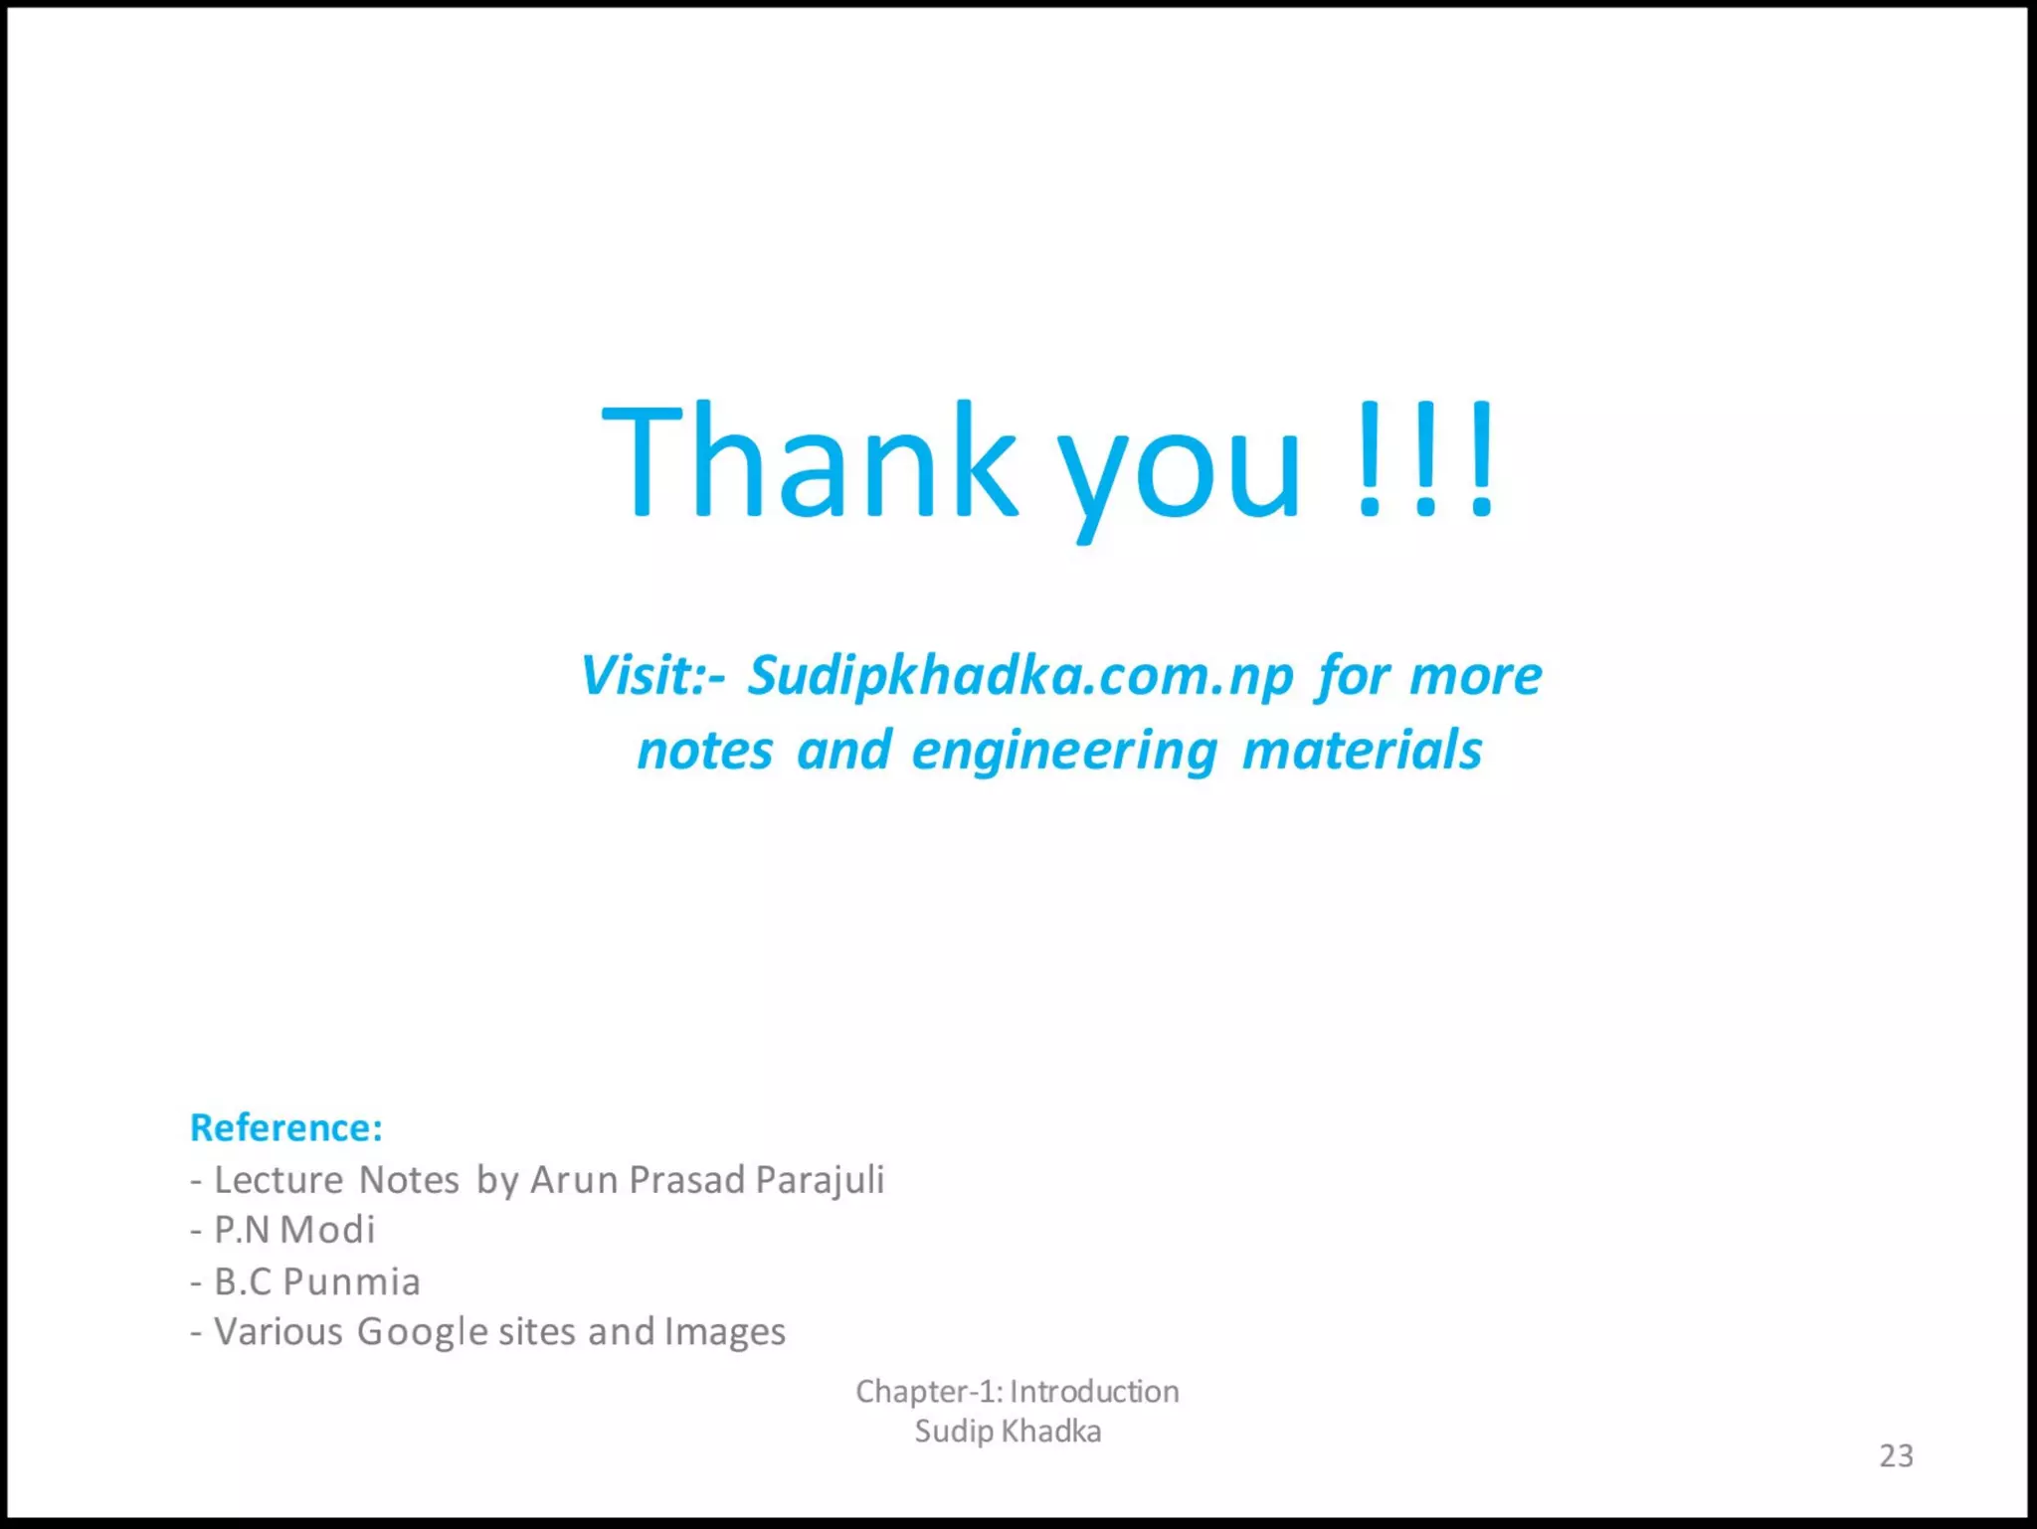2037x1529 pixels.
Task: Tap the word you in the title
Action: pos(1179,472)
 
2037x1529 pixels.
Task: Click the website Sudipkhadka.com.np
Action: pos(1020,677)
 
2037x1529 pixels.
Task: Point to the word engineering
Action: pos(1064,752)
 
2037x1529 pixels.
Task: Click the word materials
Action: pos(1362,750)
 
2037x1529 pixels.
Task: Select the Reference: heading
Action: pos(286,1128)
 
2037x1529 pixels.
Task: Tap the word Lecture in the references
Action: pos(278,1180)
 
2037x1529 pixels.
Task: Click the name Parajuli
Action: pos(820,1181)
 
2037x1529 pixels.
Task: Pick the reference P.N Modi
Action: pos(294,1231)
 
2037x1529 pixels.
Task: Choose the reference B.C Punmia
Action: pos(317,1282)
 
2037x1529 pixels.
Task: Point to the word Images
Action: pos(725,1333)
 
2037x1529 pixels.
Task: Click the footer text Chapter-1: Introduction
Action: pos(1017,1392)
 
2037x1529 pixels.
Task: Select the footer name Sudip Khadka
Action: pos(1008,1432)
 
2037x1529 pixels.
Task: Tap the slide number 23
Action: pos(1896,1456)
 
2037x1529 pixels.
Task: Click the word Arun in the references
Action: pos(574,1180)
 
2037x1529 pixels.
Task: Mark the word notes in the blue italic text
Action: pos(704,751)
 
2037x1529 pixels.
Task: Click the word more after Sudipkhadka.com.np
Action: pos(1475,677)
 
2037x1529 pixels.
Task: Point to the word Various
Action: pos(278,1332)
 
